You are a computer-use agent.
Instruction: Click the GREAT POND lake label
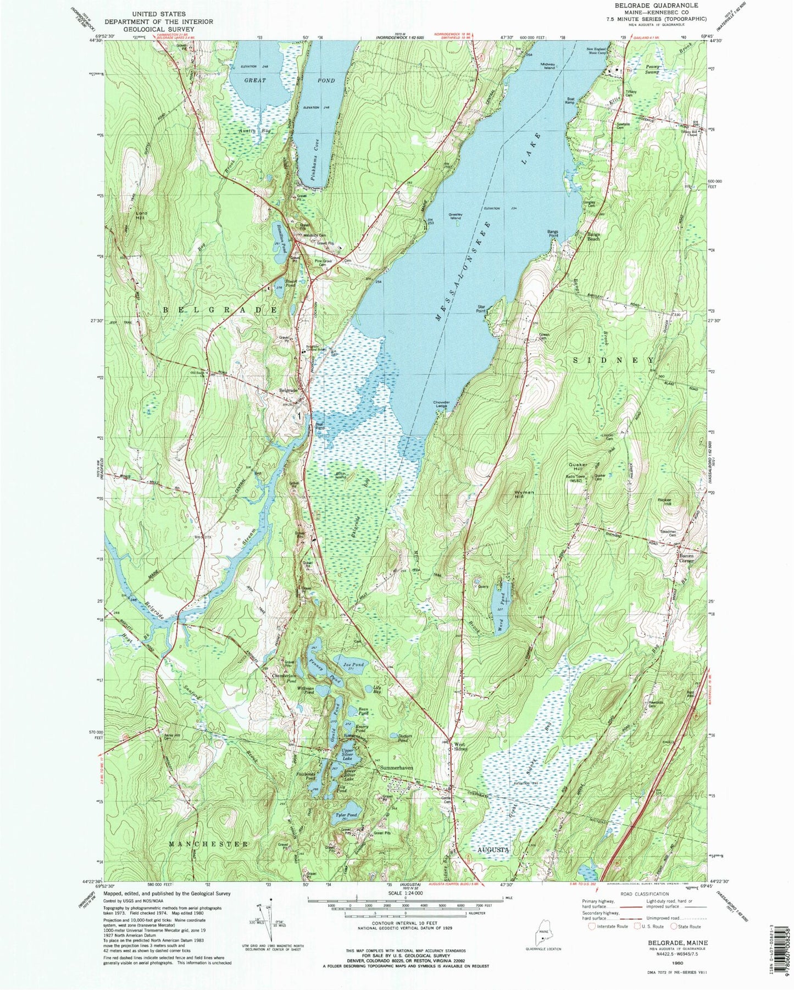[x=289, y=81]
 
